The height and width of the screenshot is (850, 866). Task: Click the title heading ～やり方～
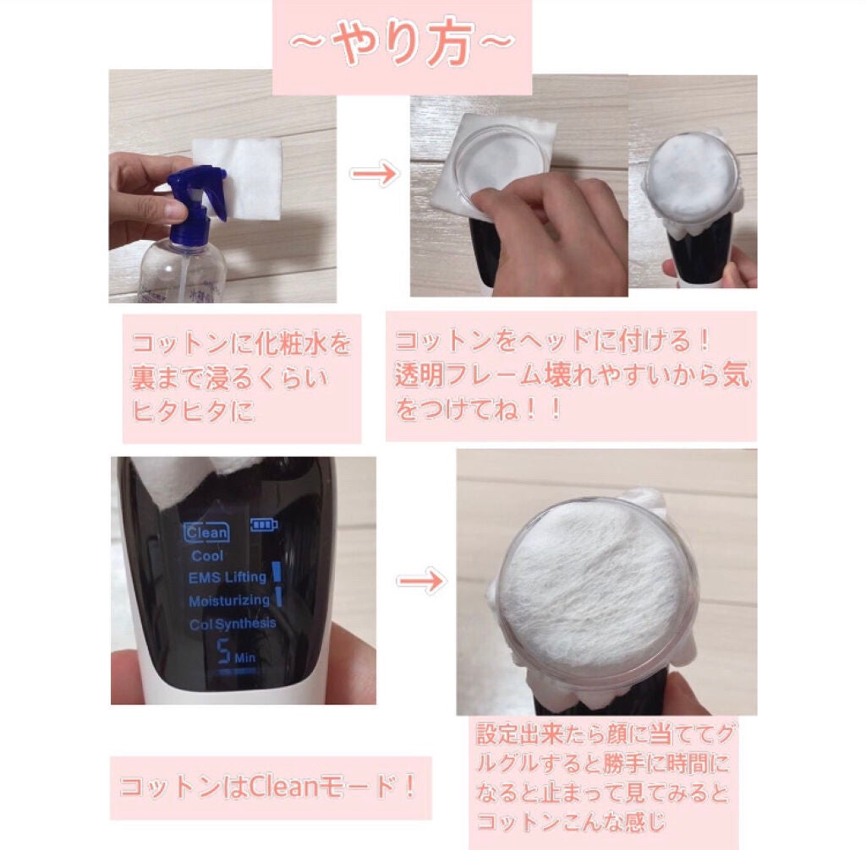(x=402, y=46)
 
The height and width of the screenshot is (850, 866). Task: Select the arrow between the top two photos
(x=374, y=175)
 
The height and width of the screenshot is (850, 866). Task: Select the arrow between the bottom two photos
(x=420, y=581)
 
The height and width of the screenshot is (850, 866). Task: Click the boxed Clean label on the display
(x=206, y=532)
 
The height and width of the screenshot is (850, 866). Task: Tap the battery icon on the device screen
(x=264, y=526)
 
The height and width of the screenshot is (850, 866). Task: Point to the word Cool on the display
(x=207, y=556)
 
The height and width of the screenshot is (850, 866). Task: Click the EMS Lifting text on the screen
(x=227, y=577)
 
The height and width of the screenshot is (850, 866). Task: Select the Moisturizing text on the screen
(x=228, y=601)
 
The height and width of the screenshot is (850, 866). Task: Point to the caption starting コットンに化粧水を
(x=241, y=378)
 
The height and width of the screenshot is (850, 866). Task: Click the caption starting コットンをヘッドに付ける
(x=571, y=375)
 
